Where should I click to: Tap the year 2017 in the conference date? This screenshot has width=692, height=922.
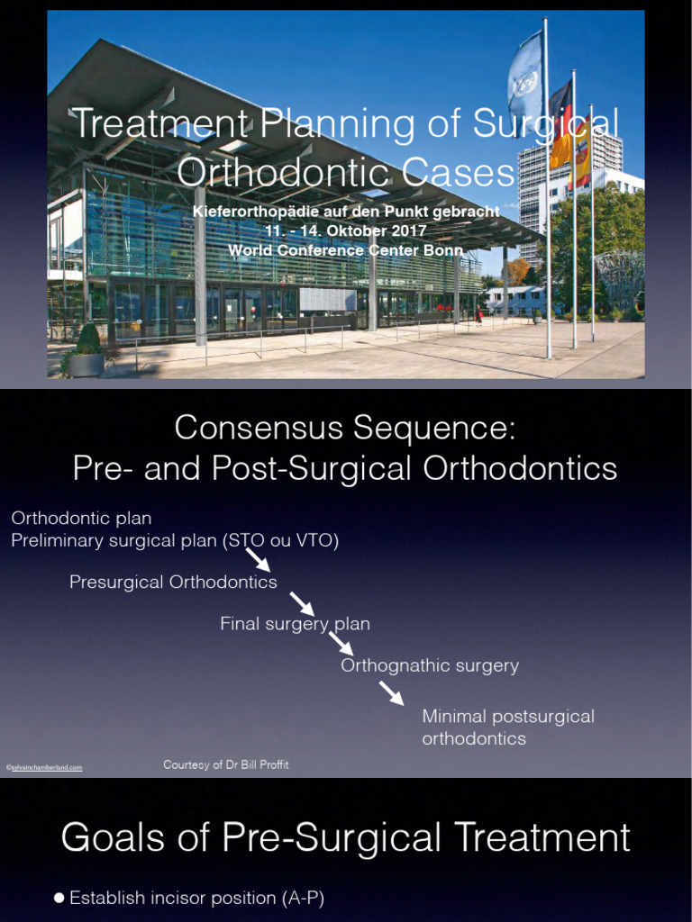[405, 230]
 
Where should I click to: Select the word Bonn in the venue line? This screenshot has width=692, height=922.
[442, 250]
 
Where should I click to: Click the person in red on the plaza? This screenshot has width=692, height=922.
[479, 316]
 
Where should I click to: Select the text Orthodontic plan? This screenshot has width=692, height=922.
[81, 519]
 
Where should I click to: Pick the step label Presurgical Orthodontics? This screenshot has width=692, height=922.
[173, 583]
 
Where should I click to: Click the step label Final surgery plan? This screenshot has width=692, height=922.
[295, 624]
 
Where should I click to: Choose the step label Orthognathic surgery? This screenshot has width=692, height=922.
[430, 665]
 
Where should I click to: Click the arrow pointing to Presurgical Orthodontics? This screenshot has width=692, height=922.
[259, 560]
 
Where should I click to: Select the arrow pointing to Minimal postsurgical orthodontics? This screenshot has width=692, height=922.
[391, 692]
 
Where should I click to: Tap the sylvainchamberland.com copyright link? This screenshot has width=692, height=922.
[44, 767]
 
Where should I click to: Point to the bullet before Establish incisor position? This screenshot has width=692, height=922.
[59, 898]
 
